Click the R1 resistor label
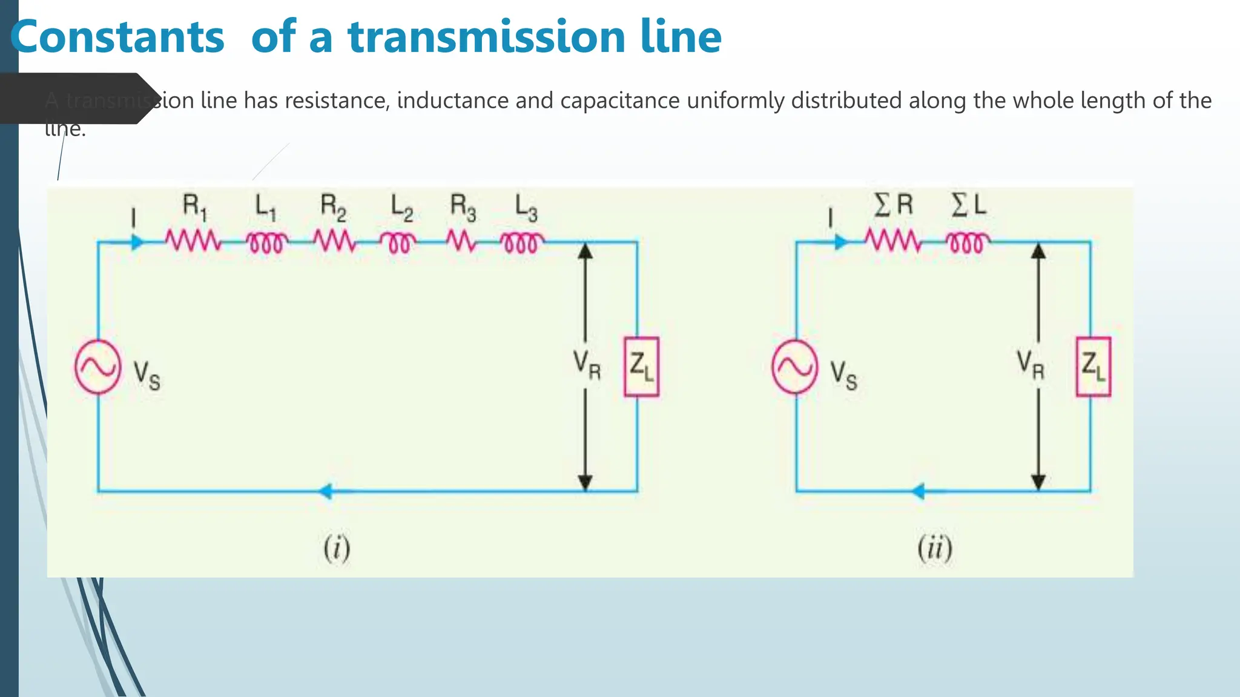tap(194, 207)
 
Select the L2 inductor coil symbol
tap(398, 243)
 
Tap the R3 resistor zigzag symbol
tap(462, 242)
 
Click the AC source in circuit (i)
tap(97, 367)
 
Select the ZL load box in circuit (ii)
tap(1093, 367)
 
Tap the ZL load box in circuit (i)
tap(641, 367)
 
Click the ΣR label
tap(893, 205)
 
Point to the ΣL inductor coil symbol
tap(968, 243)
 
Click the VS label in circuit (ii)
tap(843, 375)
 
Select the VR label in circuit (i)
tap(587, 365)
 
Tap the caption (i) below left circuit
tap(337, 549)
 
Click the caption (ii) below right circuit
tap(935, 549)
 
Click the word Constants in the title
tap(117, 37)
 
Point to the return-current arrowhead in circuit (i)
tap(326, 491)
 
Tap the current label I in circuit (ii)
tap(831, 218)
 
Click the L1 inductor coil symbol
tap(267, 243)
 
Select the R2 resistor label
tap(333, 207)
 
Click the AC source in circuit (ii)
tap(794, 367)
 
